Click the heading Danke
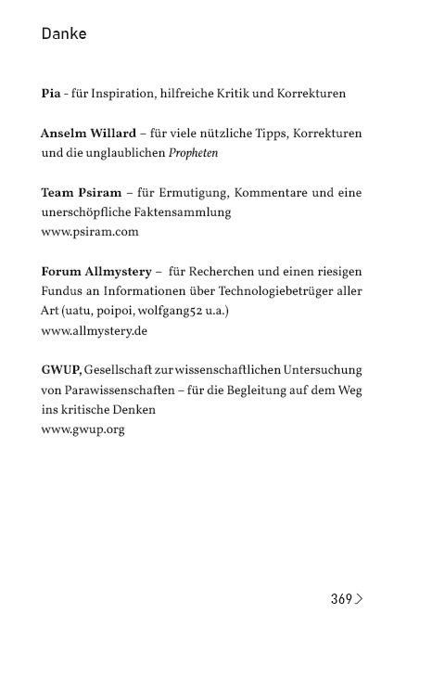pos(64,34)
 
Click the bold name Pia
pos(50,95)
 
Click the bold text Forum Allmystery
pos(97,272)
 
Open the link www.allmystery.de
pos(95,330)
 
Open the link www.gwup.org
pos(83,429)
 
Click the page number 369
pos(340,599)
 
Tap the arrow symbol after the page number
pos(359,599)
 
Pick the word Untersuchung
pos(321,370)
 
